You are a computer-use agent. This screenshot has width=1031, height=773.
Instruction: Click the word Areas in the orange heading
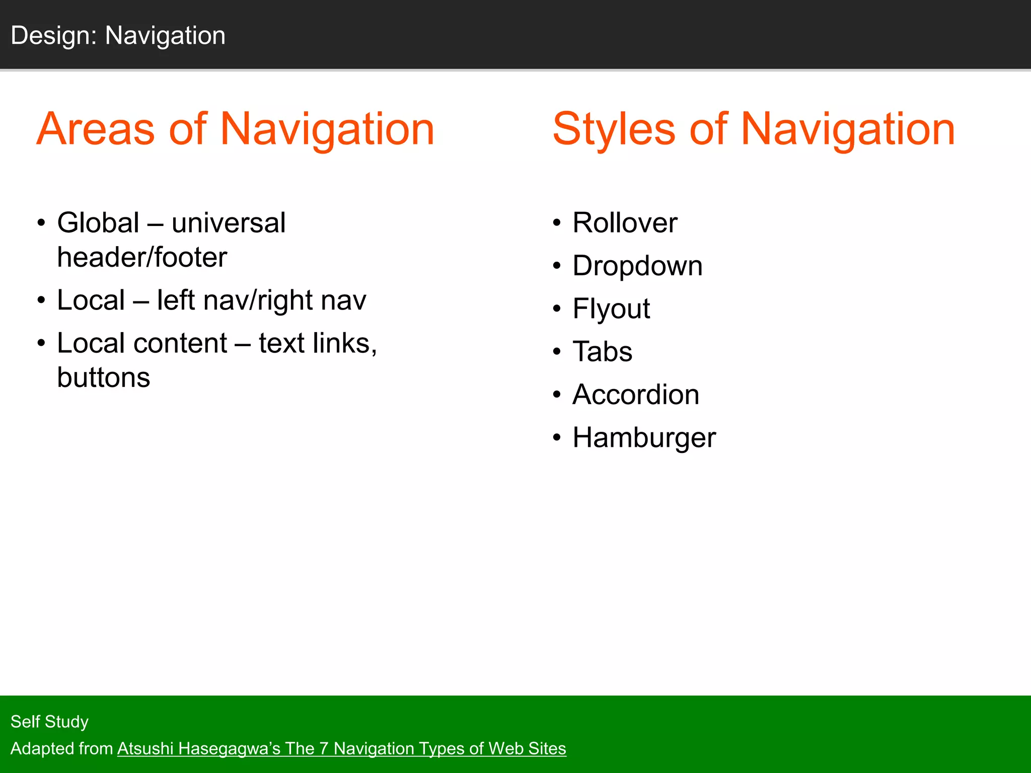coord(96,129)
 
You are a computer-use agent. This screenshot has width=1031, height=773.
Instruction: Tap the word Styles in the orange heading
coord(613,129)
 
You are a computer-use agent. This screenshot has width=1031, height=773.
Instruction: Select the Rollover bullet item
coord(625,223)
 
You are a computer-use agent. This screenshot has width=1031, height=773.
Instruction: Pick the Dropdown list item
coord(637,266)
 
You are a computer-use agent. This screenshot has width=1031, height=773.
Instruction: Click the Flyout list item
coord(611,308)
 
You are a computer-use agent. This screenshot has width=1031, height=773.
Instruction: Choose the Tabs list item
coord(602,351)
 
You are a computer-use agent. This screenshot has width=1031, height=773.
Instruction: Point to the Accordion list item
coord(636,395)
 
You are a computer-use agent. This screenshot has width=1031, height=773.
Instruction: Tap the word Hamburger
coord(644,437)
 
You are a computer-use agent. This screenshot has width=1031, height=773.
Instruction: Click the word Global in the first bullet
coord(98,223)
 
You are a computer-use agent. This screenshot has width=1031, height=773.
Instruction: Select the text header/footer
coord(142,258)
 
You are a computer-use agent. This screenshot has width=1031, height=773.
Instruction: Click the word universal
coord(229,223)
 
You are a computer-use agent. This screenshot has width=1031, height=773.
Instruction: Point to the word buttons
coord(104,377)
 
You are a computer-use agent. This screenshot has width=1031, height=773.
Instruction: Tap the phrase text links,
coord(318,343)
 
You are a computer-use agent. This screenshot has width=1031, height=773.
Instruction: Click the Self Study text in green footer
coord(49,722)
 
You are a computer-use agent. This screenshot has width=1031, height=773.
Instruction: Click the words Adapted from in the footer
coord(61,748)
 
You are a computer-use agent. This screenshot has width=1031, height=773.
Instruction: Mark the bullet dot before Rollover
coord(556,223)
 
